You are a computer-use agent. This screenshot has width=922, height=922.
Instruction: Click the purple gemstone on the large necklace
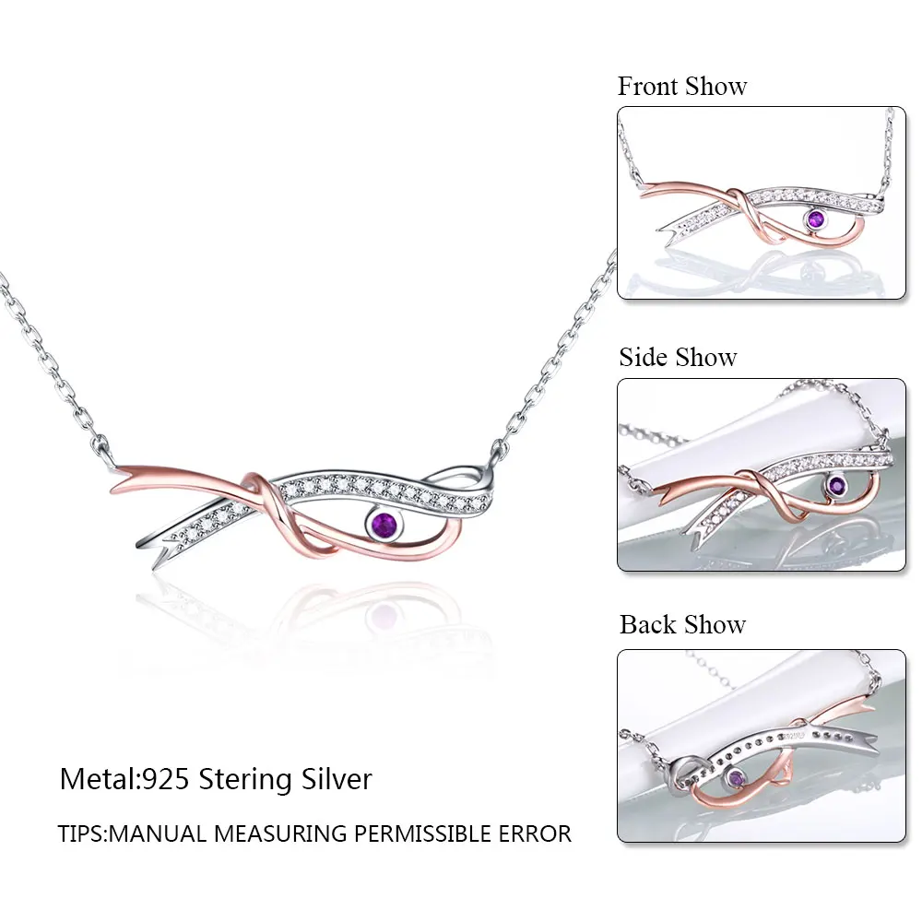(x=385, y=526)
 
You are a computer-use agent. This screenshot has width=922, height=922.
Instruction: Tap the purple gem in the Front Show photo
(x=815, y=219)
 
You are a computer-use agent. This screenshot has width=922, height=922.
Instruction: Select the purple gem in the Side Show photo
(x=835, y=486)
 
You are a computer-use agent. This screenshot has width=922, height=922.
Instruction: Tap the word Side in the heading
(x=643, y=358)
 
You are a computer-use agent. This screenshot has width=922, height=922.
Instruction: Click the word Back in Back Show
(x=647, y=625)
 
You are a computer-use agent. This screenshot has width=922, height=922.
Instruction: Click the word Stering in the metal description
(x=247, y=780)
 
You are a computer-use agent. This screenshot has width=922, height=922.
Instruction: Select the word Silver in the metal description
(x=337, y=780)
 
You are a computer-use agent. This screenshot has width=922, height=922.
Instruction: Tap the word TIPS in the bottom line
(x=81, y=834)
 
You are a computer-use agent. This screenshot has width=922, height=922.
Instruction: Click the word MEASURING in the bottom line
(x=283, y=834)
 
